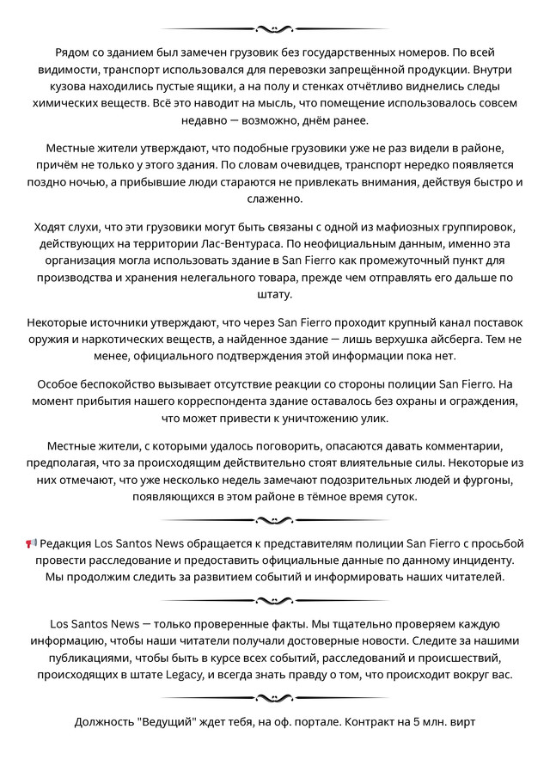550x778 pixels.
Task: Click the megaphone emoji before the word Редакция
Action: point(32,543)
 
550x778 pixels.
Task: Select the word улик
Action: point(369,419)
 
